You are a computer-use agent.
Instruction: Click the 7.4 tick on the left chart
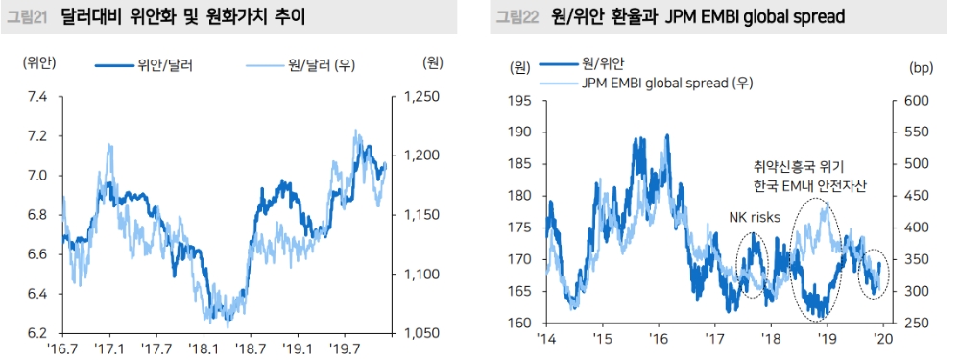(36, 97)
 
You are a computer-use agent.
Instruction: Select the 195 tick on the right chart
(519, 101)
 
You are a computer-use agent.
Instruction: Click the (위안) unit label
(40, 63)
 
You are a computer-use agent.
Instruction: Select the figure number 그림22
(515, 16)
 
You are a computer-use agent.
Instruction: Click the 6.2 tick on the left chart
(36, 333)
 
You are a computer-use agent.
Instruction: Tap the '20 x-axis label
(885, 339)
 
